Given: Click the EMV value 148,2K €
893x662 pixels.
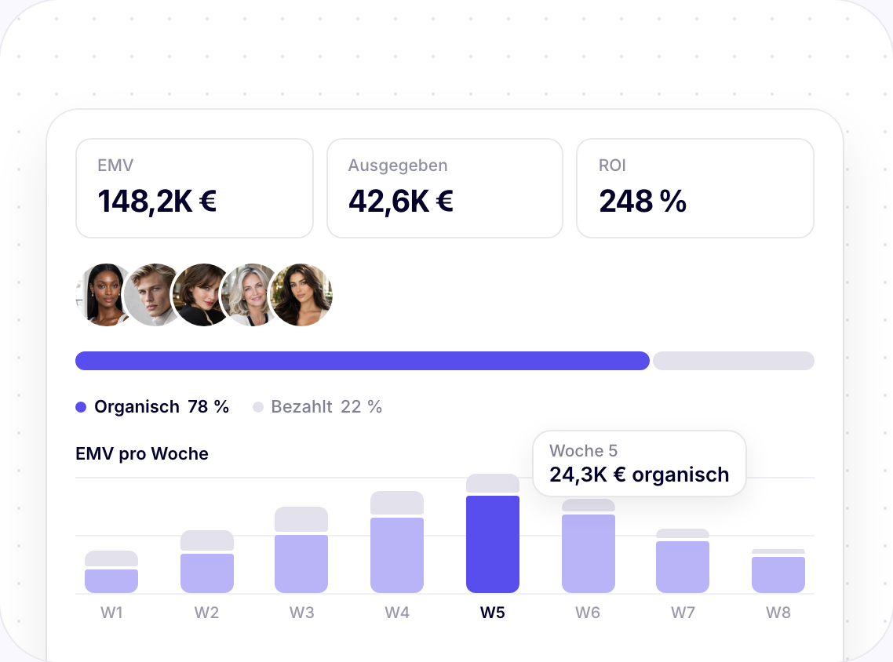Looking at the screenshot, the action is click(x=157, y=202).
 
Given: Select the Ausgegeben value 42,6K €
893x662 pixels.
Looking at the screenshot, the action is click(x=401, y=202).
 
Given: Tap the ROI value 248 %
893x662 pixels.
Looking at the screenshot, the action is click(x=643, y=202).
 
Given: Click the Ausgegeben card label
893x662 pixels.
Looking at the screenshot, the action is click(x=398, y=165).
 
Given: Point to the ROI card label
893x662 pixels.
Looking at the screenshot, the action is click(x=612, y=165).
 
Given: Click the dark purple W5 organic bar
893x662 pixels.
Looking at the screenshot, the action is click(x=493, y=544).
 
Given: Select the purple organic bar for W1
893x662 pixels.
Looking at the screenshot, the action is click(x=111, y=580).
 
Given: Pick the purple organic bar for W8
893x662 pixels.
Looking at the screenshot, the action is click(x=778, y=574).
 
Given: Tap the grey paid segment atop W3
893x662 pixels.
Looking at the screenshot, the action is click(x=301, y=519).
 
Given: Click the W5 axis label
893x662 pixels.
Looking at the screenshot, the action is click(x=493, y=613).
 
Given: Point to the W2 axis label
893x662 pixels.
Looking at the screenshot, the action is click(x=206, y=613).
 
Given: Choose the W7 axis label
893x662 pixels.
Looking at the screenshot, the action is click(x=683, y=613).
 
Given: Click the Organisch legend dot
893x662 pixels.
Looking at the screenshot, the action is click(x=81, y=407).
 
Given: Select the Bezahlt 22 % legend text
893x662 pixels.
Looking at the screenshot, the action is click(x=326, y=406).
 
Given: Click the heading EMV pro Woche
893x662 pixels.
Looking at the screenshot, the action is click(x=142, y=453).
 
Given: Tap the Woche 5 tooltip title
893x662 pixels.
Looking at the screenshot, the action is click(x=583, y=451).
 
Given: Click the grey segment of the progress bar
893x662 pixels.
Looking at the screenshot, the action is click(x=734, y=361).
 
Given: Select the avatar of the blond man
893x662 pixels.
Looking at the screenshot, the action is click(x=155, y=295).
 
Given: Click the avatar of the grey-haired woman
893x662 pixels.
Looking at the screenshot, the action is click(x=252, y=295).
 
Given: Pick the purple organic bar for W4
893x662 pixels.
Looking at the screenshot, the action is click(x=397, y=555).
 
